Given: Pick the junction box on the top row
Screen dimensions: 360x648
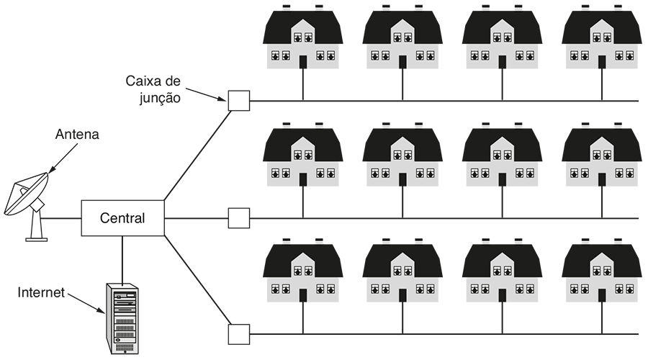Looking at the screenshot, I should [238, 101].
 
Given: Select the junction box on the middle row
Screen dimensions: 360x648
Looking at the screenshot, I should [238, 217].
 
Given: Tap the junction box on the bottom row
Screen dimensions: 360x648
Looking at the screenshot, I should [238, 334].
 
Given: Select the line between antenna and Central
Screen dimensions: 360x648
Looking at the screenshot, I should [63, 217].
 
